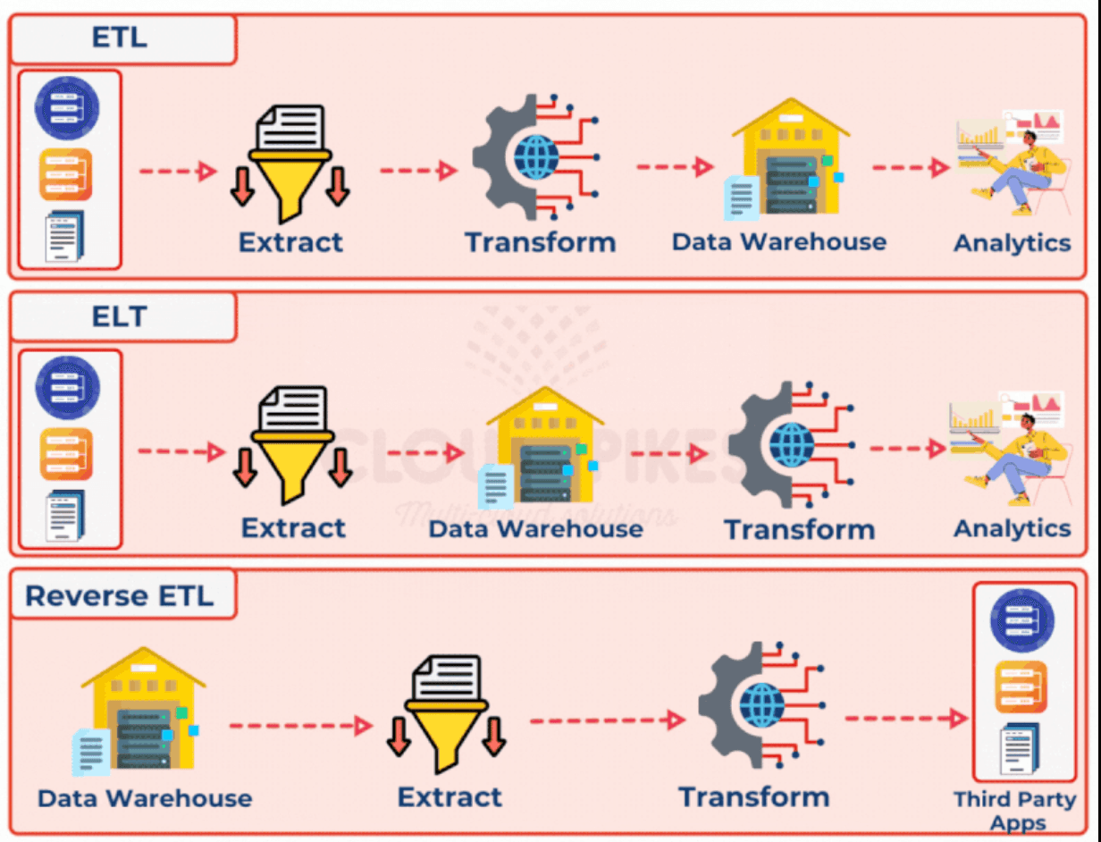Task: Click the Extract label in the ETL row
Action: tap(290, 241)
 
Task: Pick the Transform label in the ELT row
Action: tap(799, 529)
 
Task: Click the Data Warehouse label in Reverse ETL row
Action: tap(145, 797)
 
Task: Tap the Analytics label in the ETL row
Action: tap(1012, 242)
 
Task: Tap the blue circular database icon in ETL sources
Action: tap(67, 108)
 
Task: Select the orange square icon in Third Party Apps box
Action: tap(1021, 686)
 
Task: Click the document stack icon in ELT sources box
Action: tap(65, 517)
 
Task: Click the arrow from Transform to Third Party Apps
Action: tap(905, 718)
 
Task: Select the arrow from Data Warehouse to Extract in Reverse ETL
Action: tap(299, 725)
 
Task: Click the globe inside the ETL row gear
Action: tap(535, 157)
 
